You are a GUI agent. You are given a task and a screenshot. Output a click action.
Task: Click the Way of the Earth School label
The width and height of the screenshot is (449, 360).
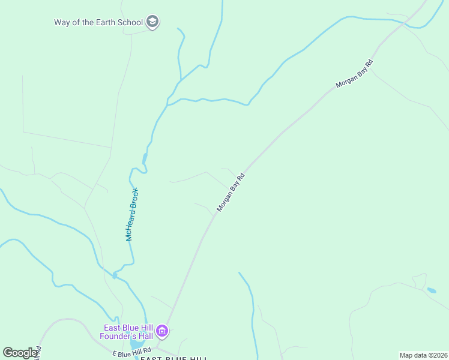(x=98, y=22)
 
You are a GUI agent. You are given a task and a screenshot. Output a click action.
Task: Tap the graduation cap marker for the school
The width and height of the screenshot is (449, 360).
(x=152, y=22)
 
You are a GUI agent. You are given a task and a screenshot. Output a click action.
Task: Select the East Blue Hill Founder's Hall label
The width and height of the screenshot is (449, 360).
(x=128, y=331)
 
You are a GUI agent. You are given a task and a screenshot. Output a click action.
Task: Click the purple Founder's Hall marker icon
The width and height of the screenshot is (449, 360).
(x=162, y=331)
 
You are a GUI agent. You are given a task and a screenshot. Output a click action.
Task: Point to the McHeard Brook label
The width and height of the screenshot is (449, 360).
(x=132, y=214)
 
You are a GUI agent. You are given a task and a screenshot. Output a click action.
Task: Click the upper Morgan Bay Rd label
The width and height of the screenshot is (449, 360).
(x=354, y=74)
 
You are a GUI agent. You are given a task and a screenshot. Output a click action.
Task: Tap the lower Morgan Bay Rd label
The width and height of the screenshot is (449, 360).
(x=232, y=193)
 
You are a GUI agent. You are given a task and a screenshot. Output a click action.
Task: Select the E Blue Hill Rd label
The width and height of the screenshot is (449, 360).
(x=131, y=351)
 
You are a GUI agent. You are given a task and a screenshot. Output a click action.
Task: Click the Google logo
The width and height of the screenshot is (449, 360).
(x=19, y=353)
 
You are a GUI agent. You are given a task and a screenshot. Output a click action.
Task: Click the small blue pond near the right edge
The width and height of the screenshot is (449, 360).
(x=431, y=290)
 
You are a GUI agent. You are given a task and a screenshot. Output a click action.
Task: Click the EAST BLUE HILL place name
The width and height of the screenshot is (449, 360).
(x=173, y=358)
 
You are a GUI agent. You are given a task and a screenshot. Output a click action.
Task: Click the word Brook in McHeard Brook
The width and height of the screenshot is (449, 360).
(x=135, y=197)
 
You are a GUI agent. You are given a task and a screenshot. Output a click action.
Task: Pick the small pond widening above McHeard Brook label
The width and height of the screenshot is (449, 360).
(x=144, y=158)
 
